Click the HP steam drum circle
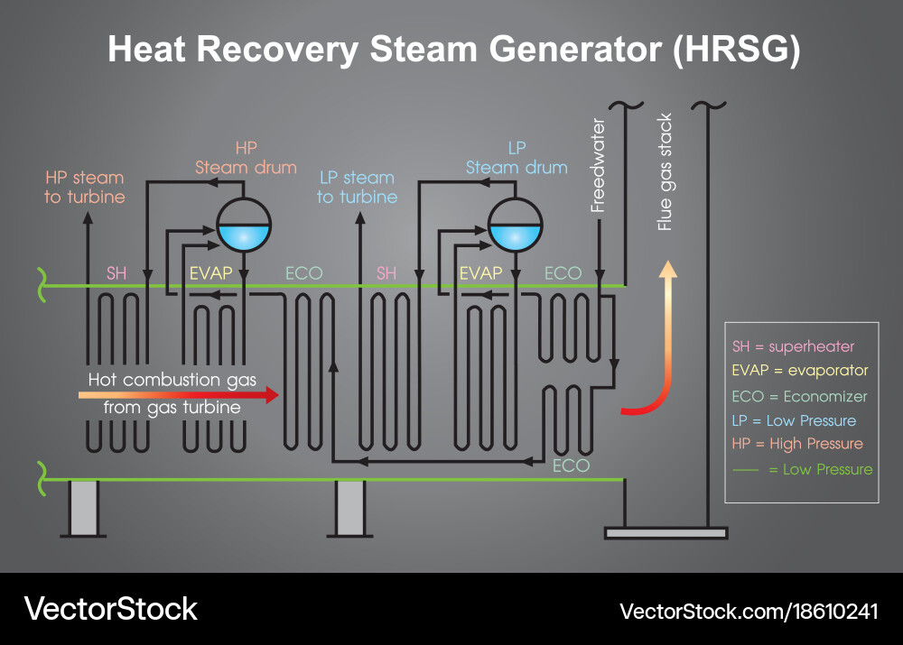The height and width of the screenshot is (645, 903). [x=244, y=225]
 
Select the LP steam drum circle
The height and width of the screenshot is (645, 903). [x=515, y=225]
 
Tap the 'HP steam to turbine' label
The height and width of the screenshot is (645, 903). [x=85, y=187]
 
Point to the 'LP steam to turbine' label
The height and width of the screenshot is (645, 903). [x=357, y=187]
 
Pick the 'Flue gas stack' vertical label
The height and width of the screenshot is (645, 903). [x=666, y=172]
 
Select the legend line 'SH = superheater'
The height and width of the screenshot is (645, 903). [x=793, y=347]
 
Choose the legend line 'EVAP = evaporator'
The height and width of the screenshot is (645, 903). [x=799, y=371]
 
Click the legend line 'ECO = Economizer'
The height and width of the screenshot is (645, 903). [x=799, y=396]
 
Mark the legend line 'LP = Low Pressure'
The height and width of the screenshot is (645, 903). [x=794, y=420]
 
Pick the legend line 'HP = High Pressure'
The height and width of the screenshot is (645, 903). [x=797, y=444]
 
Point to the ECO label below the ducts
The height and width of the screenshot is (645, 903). [x=571, y=465]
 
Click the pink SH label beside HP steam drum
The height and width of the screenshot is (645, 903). [x=116, y=272]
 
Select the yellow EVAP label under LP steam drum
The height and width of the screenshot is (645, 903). [x=480, y=272]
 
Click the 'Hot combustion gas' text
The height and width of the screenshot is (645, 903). [x=166, y=380]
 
